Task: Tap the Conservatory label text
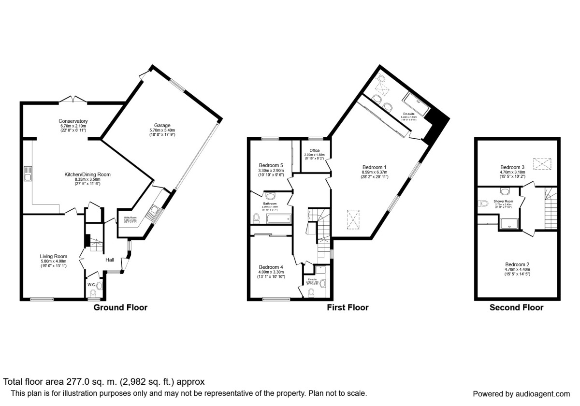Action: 73,121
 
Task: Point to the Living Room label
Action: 54,256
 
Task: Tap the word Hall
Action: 110,260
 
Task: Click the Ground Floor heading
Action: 120,307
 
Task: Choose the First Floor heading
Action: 348,307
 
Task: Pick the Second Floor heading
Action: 516,307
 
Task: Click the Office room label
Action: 315,150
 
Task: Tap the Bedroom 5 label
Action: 271,165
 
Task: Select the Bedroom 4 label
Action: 271,267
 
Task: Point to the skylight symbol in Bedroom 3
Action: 542,164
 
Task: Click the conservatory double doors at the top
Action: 73,99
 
